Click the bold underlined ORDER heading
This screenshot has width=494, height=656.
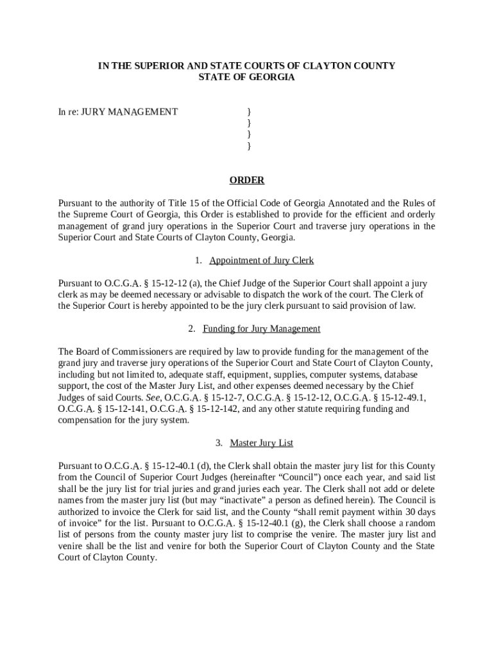pos(247,181)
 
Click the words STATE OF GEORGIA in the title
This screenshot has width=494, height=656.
pos(247,78)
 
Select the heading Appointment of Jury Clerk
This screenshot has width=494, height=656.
pos(261,260)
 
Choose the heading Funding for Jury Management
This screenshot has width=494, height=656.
pos(261,329)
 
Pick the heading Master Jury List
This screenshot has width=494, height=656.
pos(261,443)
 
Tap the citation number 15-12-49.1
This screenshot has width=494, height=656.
pos(398,397)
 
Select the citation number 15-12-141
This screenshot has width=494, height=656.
pos(126,409)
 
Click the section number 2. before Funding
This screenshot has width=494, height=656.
pos(192,329)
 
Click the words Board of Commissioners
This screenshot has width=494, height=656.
pos(119,352)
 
